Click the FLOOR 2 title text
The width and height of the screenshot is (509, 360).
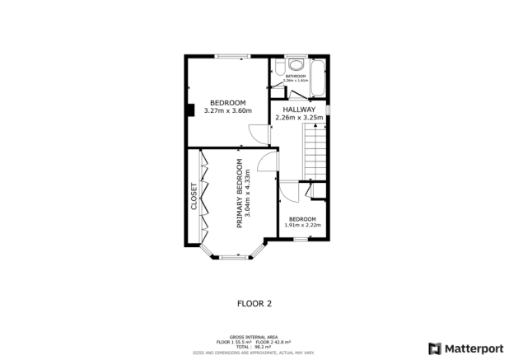(254, 303)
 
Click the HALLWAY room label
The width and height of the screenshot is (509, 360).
(298, 109)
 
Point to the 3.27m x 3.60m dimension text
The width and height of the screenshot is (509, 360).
(227, 110)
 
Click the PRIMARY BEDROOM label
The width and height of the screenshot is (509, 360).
(240, 193)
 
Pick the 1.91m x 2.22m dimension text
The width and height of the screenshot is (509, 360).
(301, 225)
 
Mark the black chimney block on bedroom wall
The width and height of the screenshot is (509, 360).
(189, 109)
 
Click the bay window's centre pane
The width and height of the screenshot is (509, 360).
(233, 258)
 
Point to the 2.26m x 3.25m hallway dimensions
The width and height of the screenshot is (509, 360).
(299, 118)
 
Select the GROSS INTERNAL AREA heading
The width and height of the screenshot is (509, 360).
(254, 336)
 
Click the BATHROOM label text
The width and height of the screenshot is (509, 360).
(295, 77)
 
